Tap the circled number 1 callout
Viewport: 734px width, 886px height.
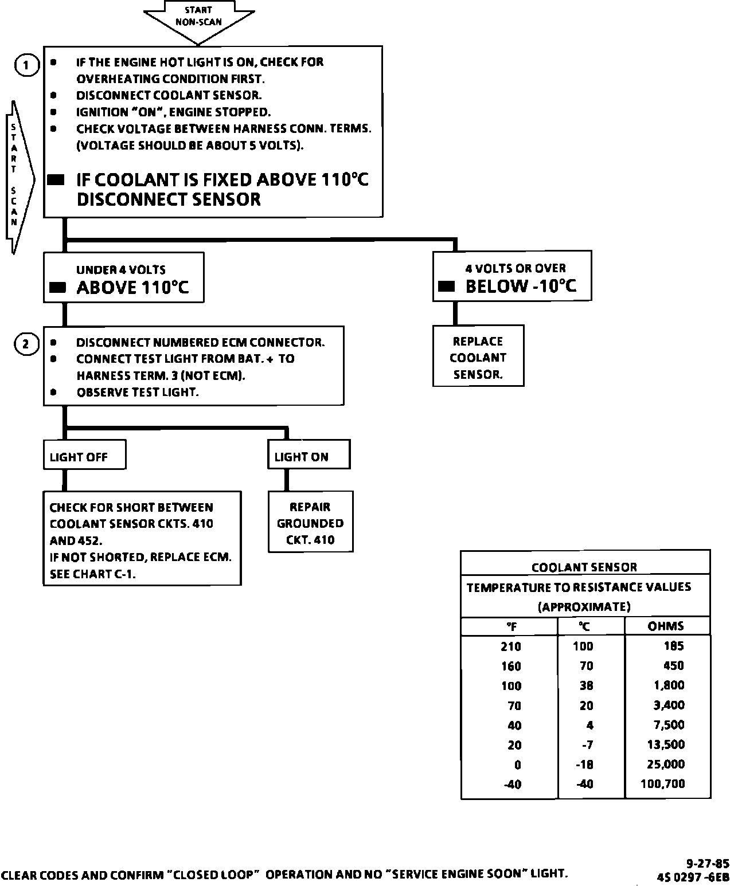[x=26, y=65]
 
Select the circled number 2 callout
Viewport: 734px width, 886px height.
[x=26, y=344]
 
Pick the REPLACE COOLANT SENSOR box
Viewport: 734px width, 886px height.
[x=478, y=358]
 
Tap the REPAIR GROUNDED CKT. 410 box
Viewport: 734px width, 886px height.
[x=310, y=523]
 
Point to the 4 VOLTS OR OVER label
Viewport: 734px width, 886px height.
[x=516, y=268]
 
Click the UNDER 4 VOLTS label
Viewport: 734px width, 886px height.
[x=121, y=270]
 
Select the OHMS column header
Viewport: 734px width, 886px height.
[x=666, y=626]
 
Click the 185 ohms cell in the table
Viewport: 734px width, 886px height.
[x=673, y=646]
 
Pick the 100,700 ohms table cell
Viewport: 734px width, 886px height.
[x=662, y=783]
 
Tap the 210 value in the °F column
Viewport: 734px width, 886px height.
[x=510, y=646]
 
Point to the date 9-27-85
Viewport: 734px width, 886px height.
[x=708, y=863]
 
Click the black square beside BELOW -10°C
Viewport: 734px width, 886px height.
[x=446, y=286]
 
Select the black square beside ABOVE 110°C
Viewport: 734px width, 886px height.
[x=57, y=288]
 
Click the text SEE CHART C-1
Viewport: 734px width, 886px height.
[x=93, y=574]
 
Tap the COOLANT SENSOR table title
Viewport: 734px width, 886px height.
[x=584, y=567]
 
